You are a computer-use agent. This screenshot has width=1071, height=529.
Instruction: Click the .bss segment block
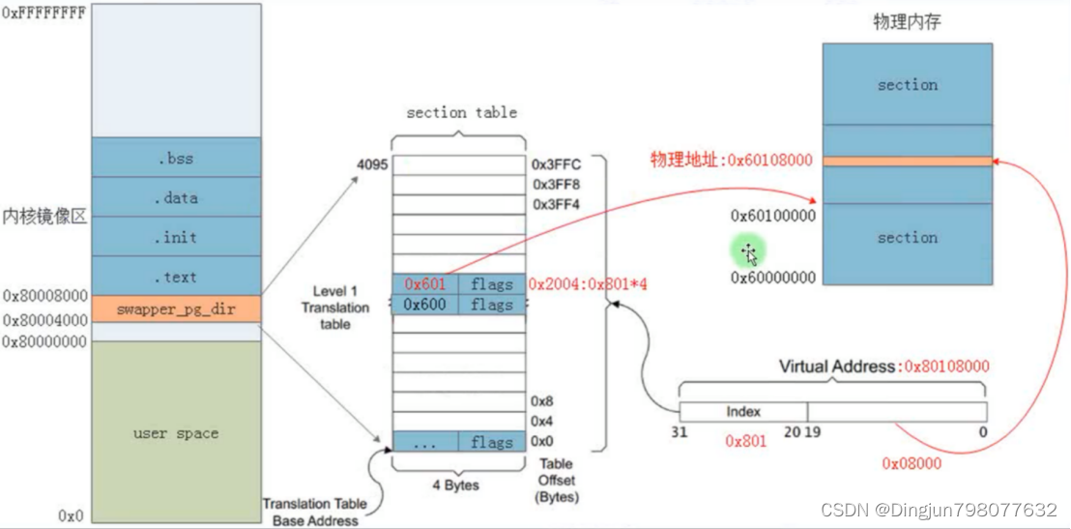pos(176,158)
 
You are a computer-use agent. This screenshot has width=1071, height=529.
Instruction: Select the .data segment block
pos(176,197)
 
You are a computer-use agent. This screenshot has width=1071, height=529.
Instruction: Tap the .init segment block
pos(176,237)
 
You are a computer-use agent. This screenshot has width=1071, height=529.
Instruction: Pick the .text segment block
pos(176,277)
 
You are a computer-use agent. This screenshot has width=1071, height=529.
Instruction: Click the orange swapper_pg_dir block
pos(176,309)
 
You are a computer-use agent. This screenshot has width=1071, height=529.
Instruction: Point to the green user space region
pos(176,433)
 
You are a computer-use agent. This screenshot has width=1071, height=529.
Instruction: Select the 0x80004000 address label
pos(43,320)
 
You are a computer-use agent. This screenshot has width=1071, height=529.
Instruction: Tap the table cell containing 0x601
pos(425,283)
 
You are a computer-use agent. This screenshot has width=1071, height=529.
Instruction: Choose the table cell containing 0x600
pos(425,305)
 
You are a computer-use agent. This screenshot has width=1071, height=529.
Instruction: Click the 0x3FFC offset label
pos(556,164)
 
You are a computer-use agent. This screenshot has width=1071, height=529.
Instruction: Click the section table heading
pos(461,112)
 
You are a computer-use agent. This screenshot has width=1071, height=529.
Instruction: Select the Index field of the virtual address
pos(743,412)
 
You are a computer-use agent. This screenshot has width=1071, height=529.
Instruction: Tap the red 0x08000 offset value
pos(912,463)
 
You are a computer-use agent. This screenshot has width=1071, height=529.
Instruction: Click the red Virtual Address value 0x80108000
pos(944,367)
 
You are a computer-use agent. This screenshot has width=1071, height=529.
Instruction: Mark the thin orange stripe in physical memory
pos(907,161)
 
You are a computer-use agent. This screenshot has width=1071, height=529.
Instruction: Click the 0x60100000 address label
pos(772,215)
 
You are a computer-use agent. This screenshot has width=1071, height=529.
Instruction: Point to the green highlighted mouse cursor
pos(749,254)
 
